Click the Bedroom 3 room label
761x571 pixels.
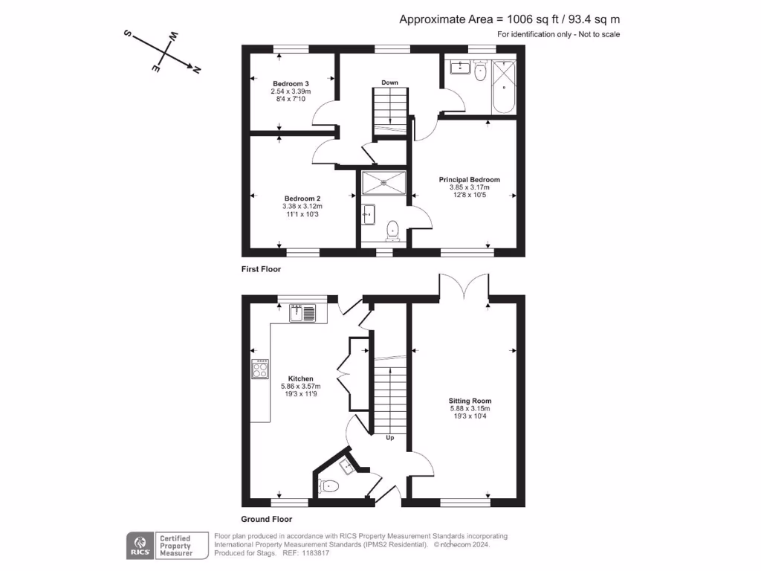291,83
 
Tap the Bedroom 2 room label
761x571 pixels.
302,199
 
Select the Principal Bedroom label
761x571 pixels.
469,180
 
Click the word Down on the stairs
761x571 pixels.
391,82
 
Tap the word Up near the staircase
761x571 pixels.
389,438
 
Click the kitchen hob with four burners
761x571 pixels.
261,369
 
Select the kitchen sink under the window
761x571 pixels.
302,313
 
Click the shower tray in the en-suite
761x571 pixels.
383,181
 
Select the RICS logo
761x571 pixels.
138,545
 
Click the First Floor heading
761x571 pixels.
261,269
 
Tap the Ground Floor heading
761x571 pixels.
266,520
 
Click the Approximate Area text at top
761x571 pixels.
510,20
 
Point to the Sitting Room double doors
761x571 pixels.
464,287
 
